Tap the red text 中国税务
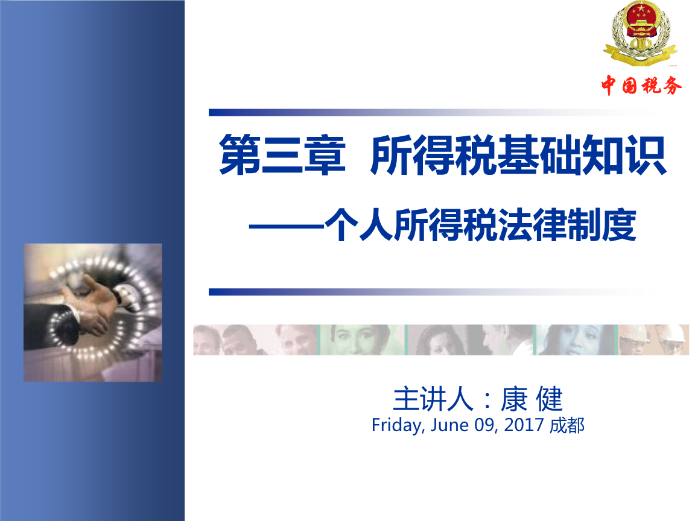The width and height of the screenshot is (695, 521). tap(641, 86)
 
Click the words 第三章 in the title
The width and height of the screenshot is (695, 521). tap(282, 156)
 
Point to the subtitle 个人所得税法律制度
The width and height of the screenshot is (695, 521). tap(480, 227)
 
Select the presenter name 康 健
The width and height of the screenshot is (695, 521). tap(532, 399)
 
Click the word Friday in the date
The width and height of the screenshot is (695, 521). tap(396, 425)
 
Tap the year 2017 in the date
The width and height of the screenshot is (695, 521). tap(524, 425)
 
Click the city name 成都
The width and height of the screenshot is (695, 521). tap(568, 425)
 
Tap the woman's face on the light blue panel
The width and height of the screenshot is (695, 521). tap(567, 339)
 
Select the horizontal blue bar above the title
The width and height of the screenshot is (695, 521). tap(422, 112)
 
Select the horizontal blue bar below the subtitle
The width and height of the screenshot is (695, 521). tap(422, 292)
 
